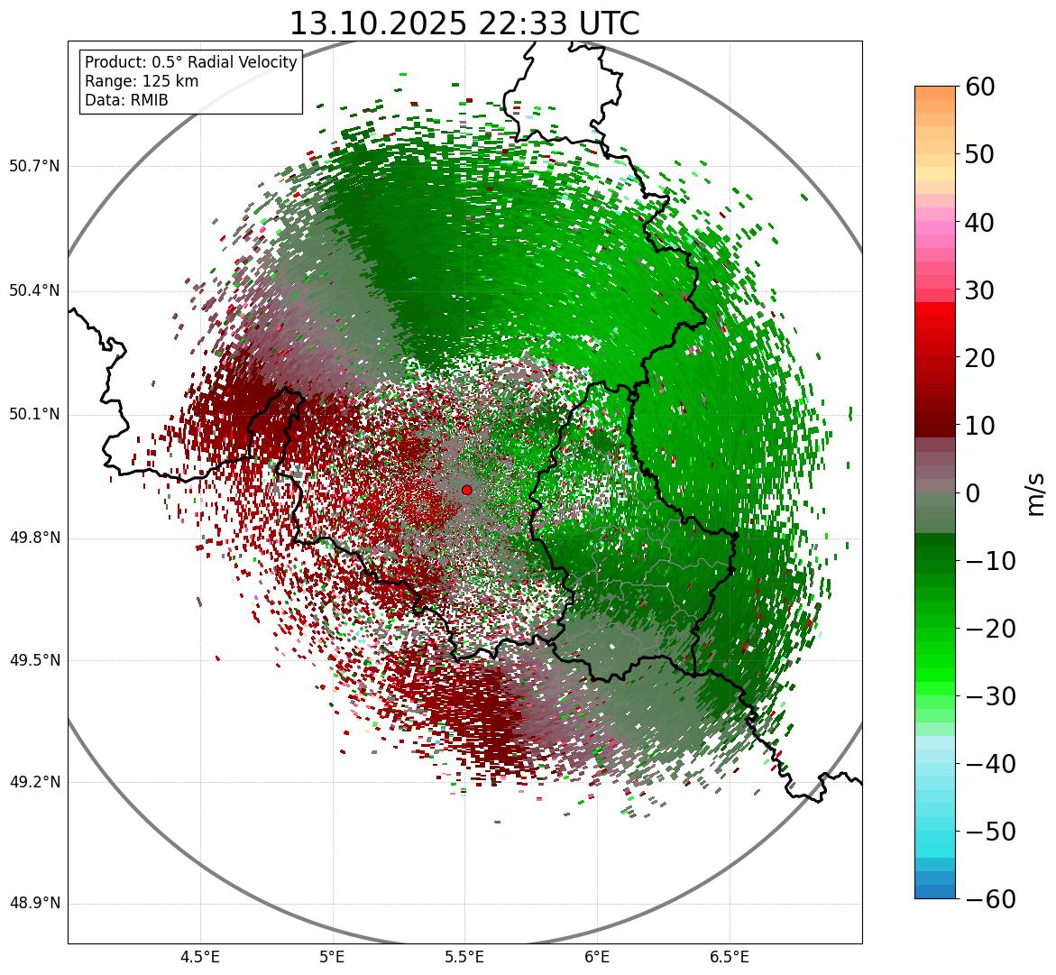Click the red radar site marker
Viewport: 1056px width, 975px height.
[x=466, y=490]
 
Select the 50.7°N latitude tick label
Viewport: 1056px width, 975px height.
[x=34, y=167]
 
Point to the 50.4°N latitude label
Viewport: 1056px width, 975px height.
[x=34, y=290]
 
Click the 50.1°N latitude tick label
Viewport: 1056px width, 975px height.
[x=34, y=415]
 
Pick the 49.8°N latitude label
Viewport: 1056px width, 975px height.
[x=34, y=538]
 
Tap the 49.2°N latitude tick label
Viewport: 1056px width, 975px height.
[x=34, y=782]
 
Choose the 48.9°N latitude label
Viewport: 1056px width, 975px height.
[x=34, y=904]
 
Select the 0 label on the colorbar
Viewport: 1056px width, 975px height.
[x=973, y=493]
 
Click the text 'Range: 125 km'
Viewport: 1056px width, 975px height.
[x=142, y=81]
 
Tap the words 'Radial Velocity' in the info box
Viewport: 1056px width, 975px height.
[x=242, y=62]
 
